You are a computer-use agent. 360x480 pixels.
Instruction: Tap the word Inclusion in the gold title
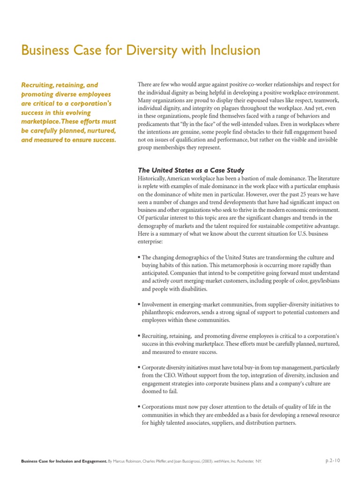coord(232,50)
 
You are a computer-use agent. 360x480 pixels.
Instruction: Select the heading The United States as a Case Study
coord(191,170)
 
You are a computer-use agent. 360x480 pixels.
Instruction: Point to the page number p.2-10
coord(333,461)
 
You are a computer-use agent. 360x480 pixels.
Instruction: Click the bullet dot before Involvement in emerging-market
coord(139,304)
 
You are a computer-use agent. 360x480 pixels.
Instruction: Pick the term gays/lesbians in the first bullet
coord(322,281)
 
